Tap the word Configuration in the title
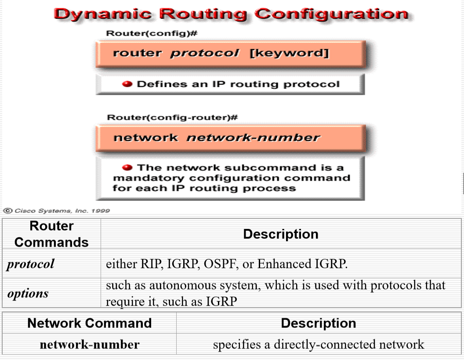(331, 14)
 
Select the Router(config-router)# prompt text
(172, 117)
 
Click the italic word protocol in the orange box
(205, 53)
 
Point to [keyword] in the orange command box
(289, 53)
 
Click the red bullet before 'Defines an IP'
(127, 84)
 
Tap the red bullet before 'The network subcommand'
(127, 167)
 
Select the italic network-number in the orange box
(253, 138)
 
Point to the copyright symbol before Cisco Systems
(7, 211)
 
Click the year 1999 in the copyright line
(101, 211)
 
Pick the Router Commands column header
(51, 234)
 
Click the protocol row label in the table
(30, 264)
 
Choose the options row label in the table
(28, 293)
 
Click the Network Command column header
(89, 323)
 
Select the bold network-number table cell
(89, 344)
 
